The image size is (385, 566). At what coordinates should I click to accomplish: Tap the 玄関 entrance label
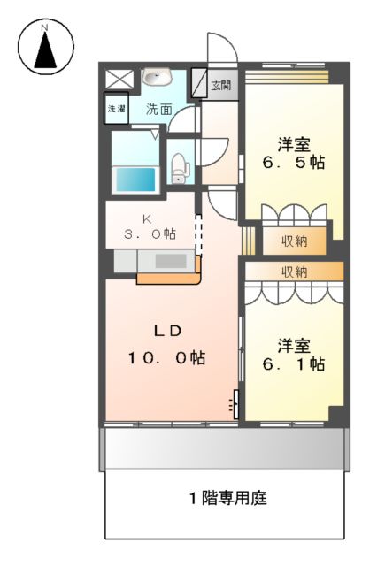(x=221, y=86)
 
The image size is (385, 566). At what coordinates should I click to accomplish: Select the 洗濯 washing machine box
(x=116, y=109)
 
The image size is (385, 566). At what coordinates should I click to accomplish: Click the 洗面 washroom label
(x=159, y=110)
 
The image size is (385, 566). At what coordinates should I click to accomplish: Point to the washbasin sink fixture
(x=158, y=77)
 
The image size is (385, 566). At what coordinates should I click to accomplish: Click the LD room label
(x=167, y=332)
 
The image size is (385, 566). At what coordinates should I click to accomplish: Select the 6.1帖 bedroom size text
(x=292, y=363)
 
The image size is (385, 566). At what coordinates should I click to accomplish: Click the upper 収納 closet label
(x=296, y=240)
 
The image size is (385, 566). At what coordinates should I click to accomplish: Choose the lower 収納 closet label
(x=296, y=271)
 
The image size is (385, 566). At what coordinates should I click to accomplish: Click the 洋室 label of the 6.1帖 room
(x=292, y=343)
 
